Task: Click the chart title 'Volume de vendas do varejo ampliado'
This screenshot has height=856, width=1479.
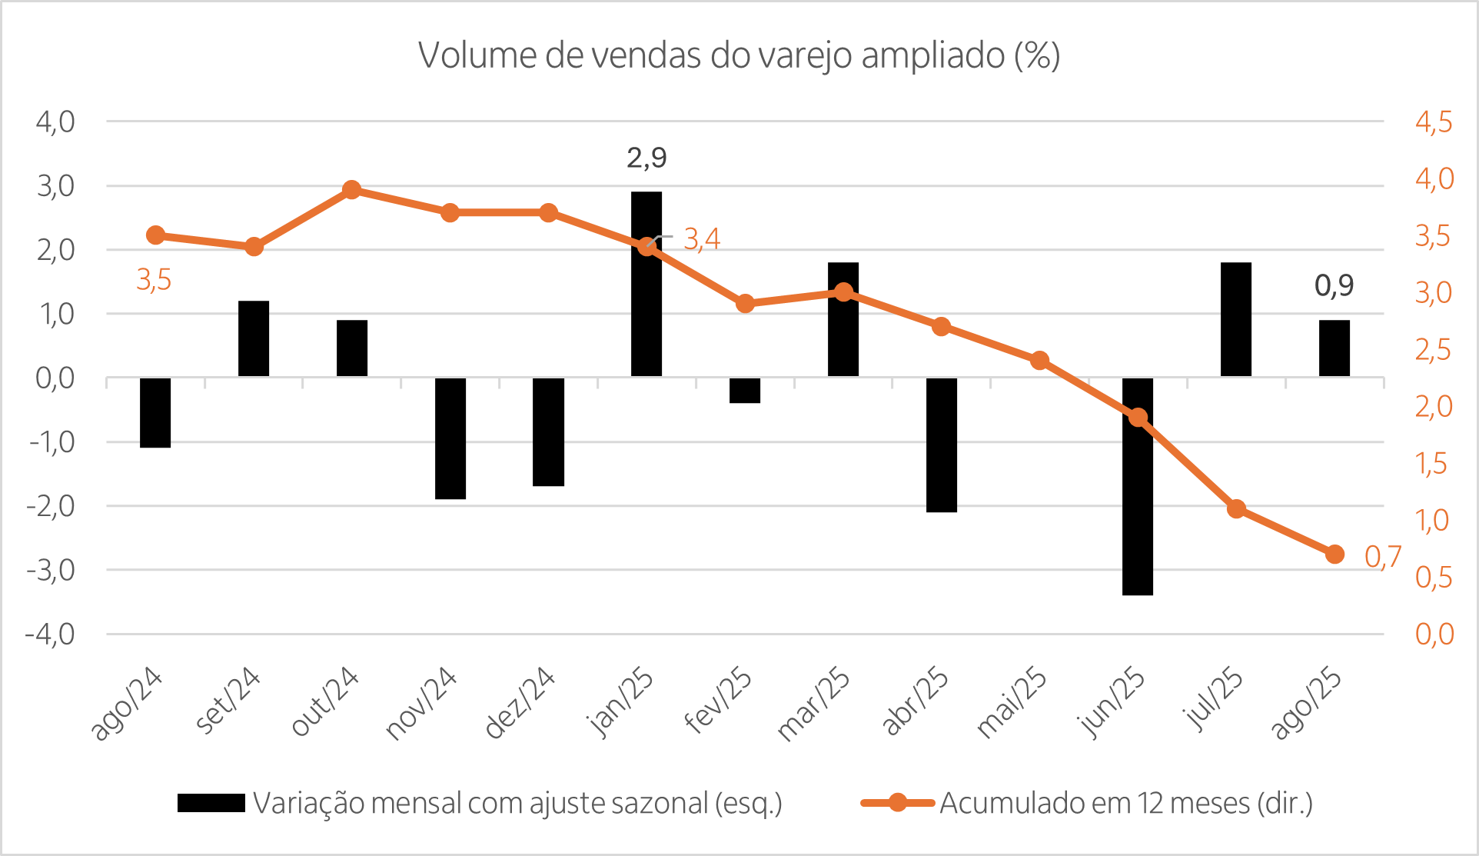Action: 739,55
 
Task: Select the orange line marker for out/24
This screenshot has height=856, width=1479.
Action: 352,190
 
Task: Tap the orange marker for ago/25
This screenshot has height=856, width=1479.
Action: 1334,554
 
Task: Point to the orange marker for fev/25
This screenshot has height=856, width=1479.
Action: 745,304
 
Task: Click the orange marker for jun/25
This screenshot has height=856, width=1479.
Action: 1138,418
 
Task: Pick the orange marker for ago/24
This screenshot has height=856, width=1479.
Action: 155,235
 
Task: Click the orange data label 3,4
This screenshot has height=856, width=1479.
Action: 702,239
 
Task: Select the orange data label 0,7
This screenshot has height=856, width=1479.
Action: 1382,556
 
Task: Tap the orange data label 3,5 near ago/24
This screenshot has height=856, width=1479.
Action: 154,280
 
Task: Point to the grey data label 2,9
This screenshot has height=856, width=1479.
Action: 646,158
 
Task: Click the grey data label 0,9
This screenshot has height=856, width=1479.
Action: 1334,285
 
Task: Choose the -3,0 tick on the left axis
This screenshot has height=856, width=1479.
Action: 51,570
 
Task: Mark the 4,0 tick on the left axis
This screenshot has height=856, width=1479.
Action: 55,122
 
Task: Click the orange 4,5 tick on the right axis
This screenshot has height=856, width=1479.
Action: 1434,122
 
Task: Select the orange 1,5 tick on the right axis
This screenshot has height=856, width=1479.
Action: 1431,463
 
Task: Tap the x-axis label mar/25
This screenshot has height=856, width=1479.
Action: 813,704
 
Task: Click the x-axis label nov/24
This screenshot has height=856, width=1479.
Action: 421,704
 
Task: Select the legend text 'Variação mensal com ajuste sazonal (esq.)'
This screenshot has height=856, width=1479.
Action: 517,803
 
